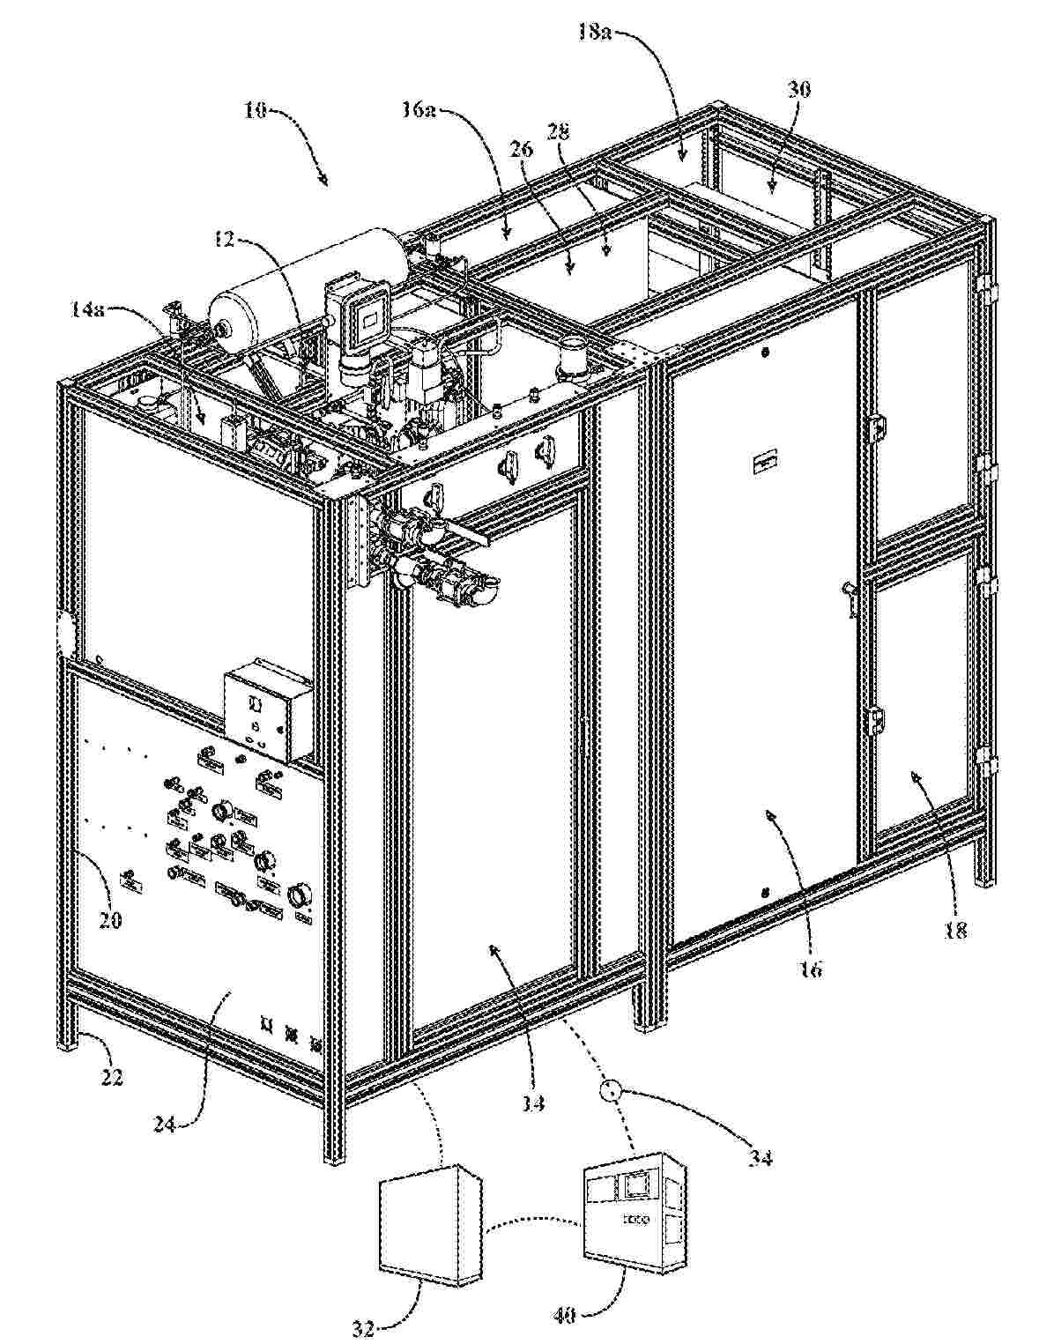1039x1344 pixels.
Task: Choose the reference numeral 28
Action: [x=558, y=131]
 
